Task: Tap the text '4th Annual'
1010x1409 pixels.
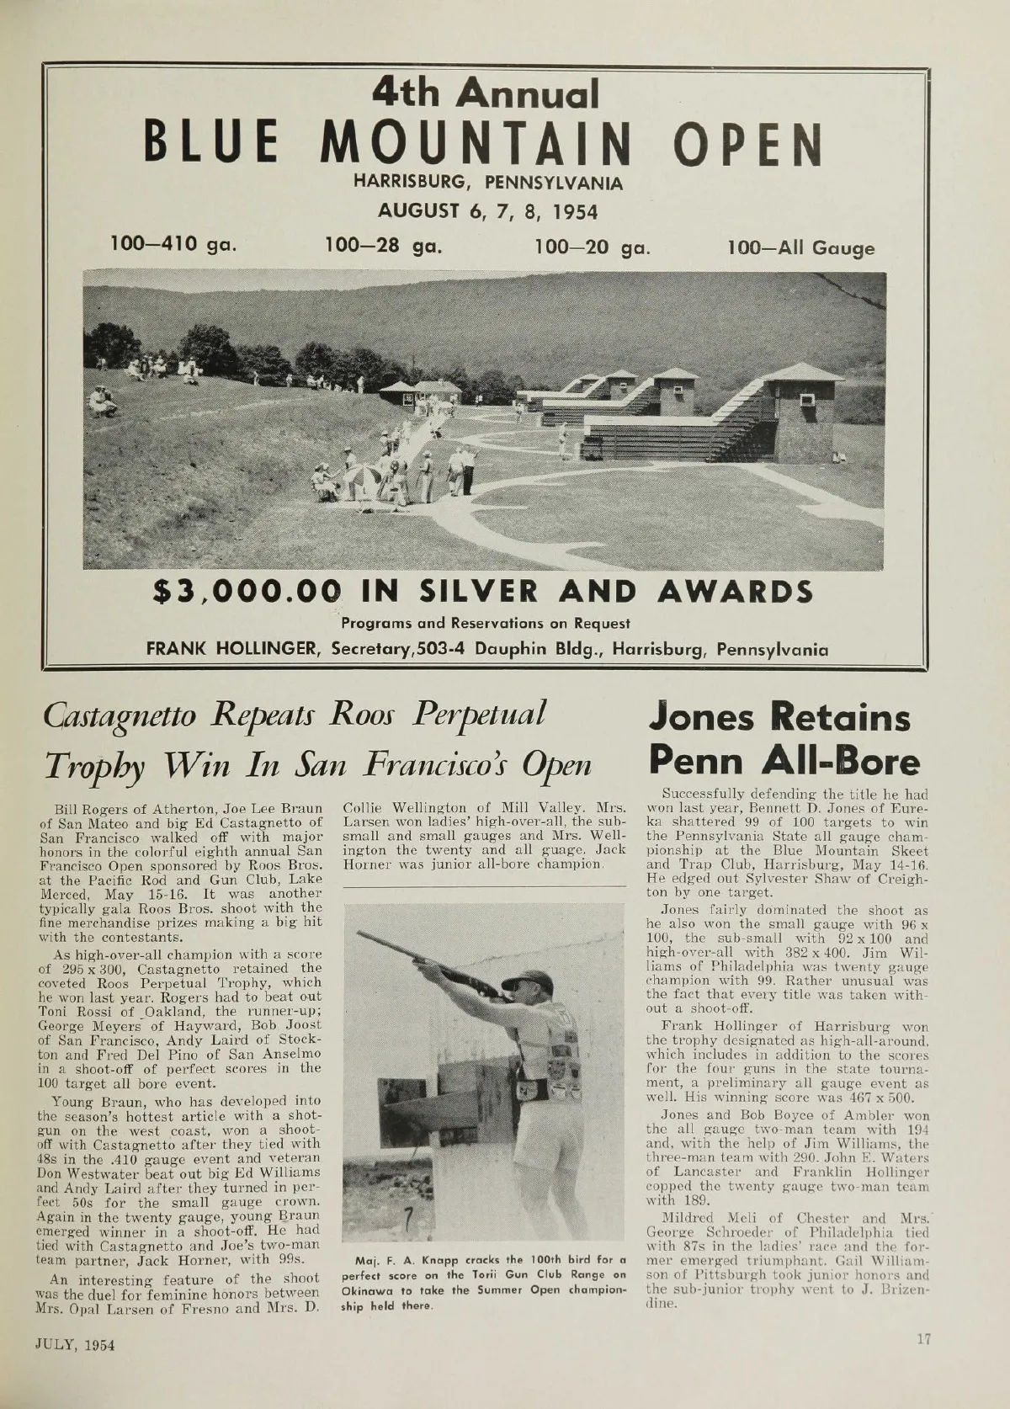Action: click(486, 94)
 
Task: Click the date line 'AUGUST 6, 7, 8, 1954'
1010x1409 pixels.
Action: click(487, 210)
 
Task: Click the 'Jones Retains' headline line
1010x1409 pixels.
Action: click(779, 718)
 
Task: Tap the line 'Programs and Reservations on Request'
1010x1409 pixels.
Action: click(486, 624)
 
